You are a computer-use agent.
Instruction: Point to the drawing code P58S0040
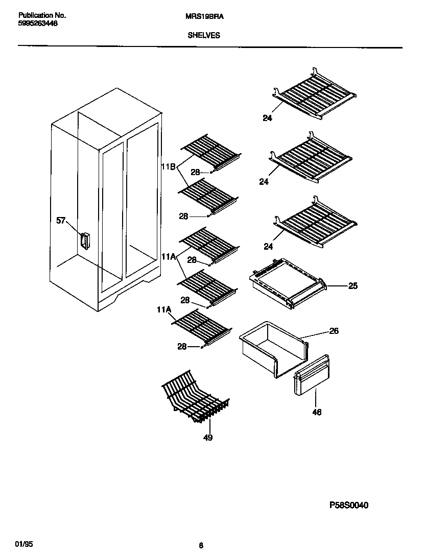348,505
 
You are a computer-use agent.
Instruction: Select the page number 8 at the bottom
201,545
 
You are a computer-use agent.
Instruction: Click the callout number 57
61,221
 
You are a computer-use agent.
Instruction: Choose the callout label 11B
168,166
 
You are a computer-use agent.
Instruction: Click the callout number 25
352,286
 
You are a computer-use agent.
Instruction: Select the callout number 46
317,412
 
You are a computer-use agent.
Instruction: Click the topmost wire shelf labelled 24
314,94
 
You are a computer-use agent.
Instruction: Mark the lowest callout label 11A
164,309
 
